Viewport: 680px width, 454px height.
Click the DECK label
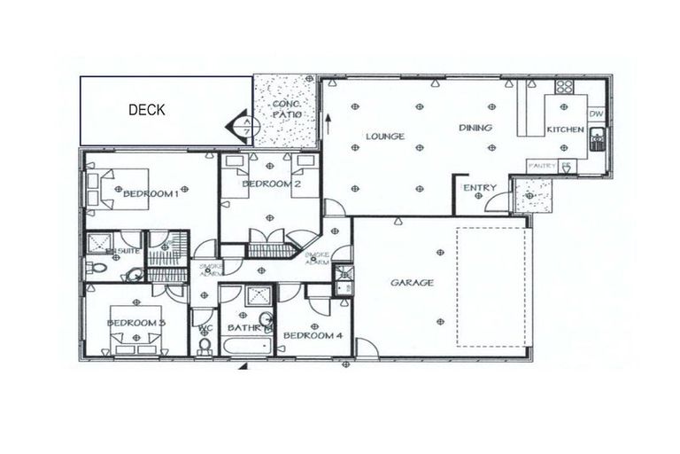(147, 111)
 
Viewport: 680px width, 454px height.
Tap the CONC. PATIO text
(286, 110)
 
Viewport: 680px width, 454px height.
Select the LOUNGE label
(385, 137)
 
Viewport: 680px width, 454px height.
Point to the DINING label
(475, 128)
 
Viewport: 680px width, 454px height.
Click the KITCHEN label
(565, 130)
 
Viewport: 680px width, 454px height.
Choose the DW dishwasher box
(596, 114)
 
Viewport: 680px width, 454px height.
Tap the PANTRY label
(541, 166)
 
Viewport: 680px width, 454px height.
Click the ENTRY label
(480, 187)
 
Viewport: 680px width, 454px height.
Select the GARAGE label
(413, 283)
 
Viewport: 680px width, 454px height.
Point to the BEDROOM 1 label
(151, 194)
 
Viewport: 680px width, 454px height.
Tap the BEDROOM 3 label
(136, 323)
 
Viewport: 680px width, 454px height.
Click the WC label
(205, 328)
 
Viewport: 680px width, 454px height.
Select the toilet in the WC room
(205, 348)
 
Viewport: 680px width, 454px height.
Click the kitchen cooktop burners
(564, 88)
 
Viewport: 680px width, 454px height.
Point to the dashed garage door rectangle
(494, 286)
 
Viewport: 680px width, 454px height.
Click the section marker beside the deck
(247, 126)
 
